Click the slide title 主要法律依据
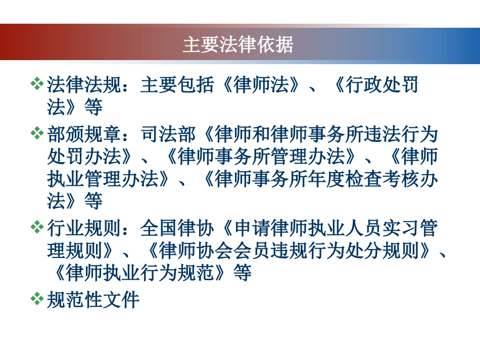[237, 45]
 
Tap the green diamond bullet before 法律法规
[37, 84]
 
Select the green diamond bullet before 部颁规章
[37, 134]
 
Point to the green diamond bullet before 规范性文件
[37, 299]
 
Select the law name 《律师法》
[261, 84]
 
